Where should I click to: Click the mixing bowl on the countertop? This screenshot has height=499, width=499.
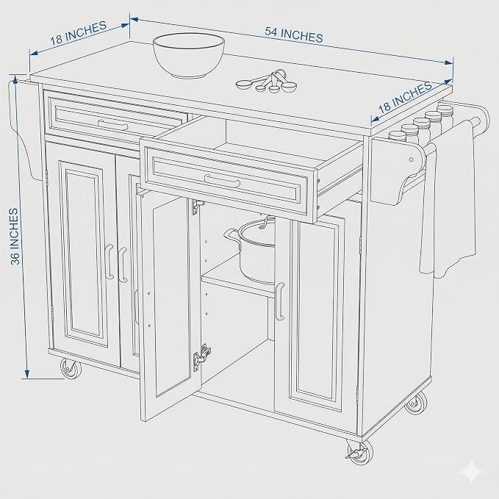(189, 55)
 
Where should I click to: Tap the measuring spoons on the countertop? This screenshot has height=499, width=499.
(266, 82)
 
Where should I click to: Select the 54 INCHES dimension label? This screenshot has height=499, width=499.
(294, 35)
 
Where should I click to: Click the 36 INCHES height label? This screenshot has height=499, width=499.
(14, 237)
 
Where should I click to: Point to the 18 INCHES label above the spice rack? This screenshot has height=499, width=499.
(405, 96)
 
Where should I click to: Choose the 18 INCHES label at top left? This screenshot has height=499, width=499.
(79, 32)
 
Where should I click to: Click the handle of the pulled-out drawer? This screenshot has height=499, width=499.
(222, 181)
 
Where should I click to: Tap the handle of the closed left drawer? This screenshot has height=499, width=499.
(112, 125)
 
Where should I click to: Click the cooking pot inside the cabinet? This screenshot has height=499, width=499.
(251, 251)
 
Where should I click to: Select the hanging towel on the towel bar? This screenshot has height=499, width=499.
(449, 197)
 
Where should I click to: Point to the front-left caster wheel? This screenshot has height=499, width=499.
(71, 368)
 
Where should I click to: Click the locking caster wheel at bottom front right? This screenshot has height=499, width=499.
(359, 452)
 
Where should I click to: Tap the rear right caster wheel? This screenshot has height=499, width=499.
(416, 403)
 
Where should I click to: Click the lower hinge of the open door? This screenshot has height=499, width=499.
(202, 357)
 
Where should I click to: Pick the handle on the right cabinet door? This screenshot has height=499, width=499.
(279, 301)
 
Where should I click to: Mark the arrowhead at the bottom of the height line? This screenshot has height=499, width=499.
(27, 374)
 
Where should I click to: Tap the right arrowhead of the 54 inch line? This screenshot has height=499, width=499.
(449, 62)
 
